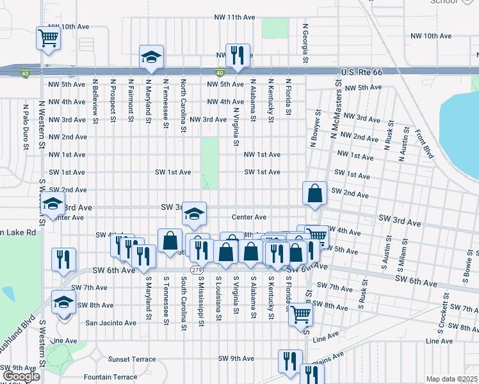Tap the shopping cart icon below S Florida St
(300, 314)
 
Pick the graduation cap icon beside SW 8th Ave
(63, 303)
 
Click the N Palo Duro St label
(26, 128)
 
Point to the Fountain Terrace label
(110, 377)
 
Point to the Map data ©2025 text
(452, 379)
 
